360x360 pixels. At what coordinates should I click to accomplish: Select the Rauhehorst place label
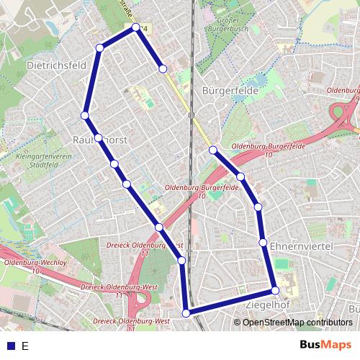tap(100, 140)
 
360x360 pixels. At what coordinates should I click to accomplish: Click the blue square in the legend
tap(9, 346)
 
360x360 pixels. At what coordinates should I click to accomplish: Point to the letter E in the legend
tap(25, 346)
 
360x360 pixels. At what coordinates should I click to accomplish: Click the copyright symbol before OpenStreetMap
tap(238, 322)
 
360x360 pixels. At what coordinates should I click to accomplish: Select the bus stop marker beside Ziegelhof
tap(275, 291)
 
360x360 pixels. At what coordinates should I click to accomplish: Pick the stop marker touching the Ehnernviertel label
tap(264, 242)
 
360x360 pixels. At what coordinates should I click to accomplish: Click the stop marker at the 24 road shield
tap(136, 27)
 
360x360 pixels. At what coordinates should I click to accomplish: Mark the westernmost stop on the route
tap(85, 115)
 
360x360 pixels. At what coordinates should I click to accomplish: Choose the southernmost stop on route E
tap(186, 312)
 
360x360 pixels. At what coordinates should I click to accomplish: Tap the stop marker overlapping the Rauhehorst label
tap(99, 138)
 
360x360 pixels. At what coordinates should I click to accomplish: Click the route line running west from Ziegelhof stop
tap(230, 302)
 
